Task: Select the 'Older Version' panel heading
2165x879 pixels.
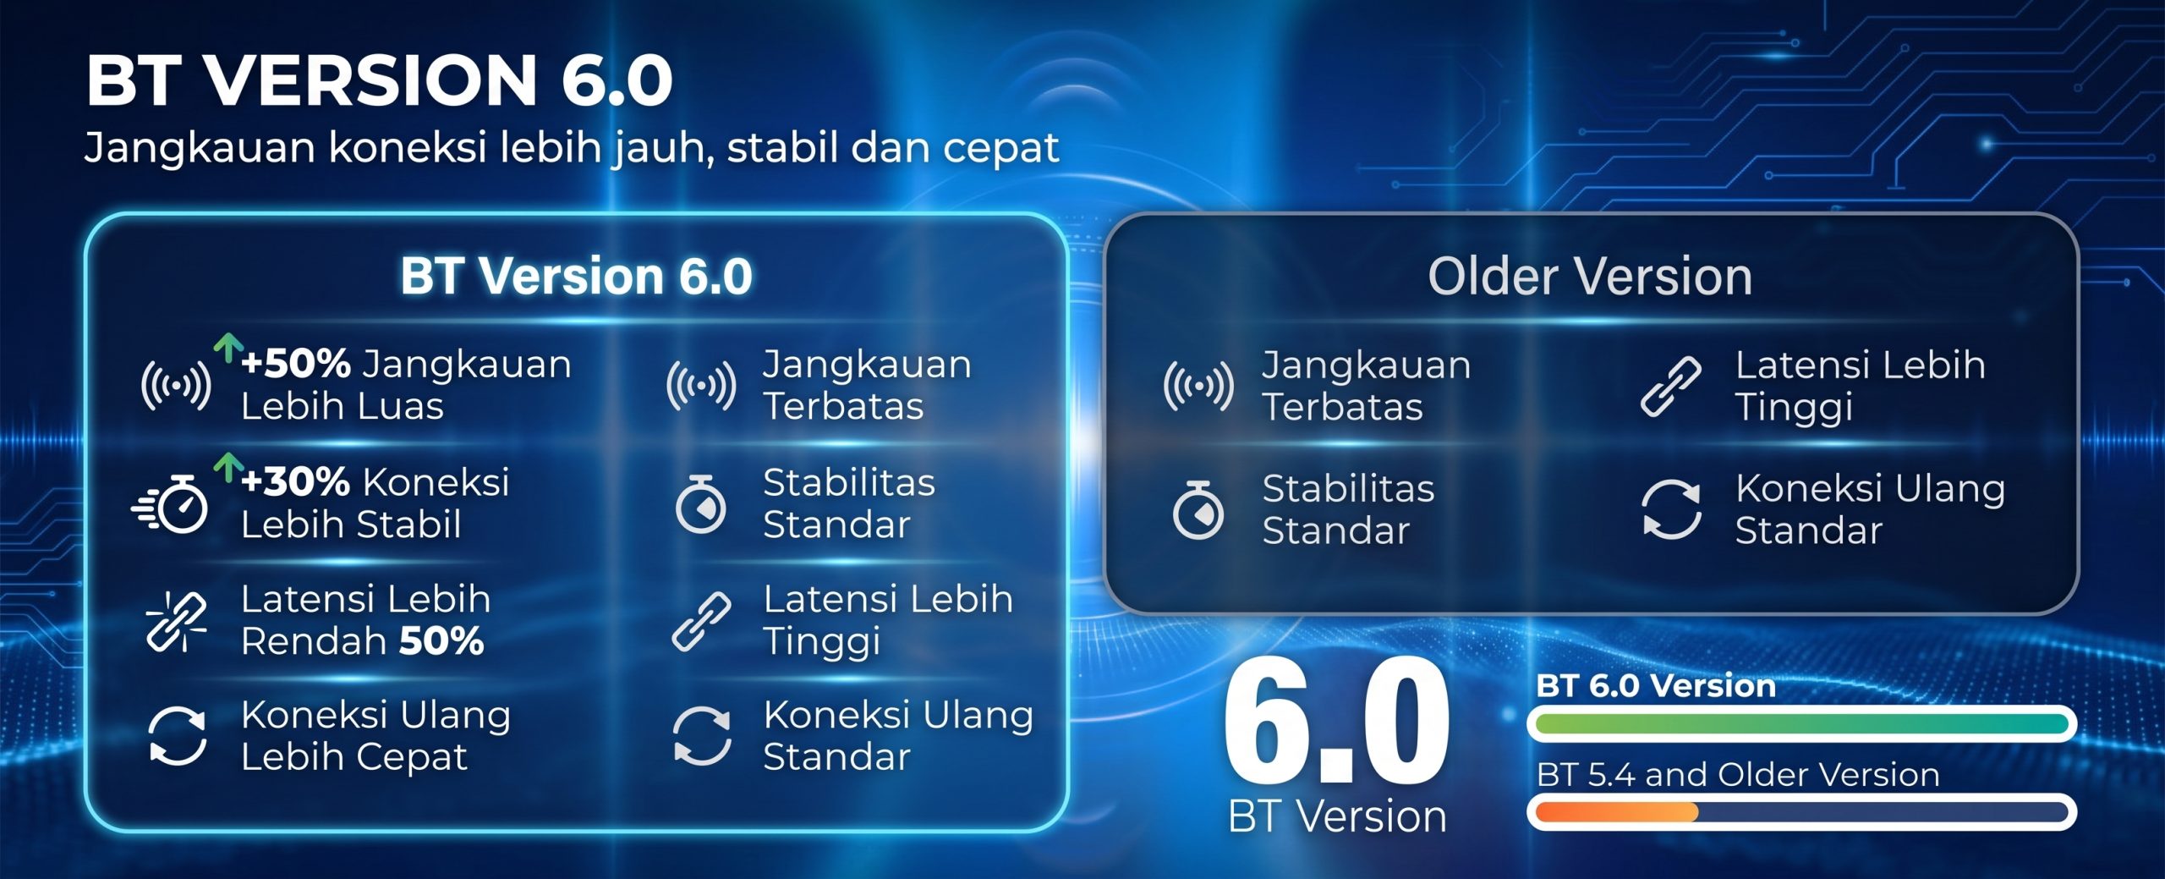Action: pos(1590,276)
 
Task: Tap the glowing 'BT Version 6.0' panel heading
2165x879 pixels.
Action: pos(577,276)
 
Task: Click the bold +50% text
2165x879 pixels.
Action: pos(296,364)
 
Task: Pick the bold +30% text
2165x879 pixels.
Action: pos(295,482)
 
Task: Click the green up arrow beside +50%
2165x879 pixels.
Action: pos(227,348)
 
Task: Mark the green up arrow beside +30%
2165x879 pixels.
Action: pos(227,467)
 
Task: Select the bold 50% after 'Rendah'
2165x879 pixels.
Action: pos(441,641)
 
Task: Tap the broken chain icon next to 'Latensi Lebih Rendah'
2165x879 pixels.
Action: pos(177,621)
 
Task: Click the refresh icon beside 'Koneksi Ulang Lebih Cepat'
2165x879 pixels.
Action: pos(178,736)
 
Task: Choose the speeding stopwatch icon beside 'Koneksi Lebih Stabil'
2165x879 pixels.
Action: pos(170,504)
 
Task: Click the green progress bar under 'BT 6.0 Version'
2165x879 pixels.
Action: pos(1801,723)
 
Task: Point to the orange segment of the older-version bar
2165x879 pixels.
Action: pos(1617,812)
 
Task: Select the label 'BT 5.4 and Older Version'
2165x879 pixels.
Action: pos(1738,775)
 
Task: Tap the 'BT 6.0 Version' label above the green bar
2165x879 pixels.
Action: pos(1656,685)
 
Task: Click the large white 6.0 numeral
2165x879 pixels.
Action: pos(1336,720)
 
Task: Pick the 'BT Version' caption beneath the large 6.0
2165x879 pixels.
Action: pos(1337,816)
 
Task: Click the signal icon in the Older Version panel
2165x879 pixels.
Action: pos(1198,386)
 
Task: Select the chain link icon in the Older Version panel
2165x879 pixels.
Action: pos(1671,387)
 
